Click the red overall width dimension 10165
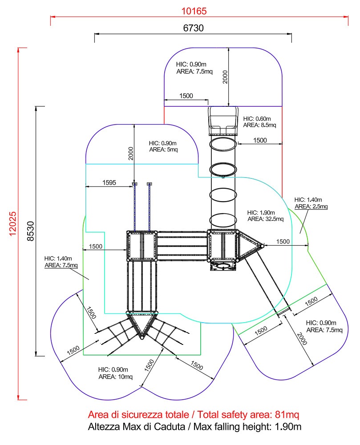pos(194,11)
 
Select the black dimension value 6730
pos(194,28)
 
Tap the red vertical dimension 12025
pos(13,224)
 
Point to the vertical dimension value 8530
pos(30,231)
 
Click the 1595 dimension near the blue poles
pos(109,182)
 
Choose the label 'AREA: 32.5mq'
pos(266,219)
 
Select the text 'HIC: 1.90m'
pos(261,213)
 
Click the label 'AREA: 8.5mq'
pos(259,125)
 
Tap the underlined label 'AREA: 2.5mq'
pos(311,206)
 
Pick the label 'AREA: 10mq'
pos(115,376)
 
